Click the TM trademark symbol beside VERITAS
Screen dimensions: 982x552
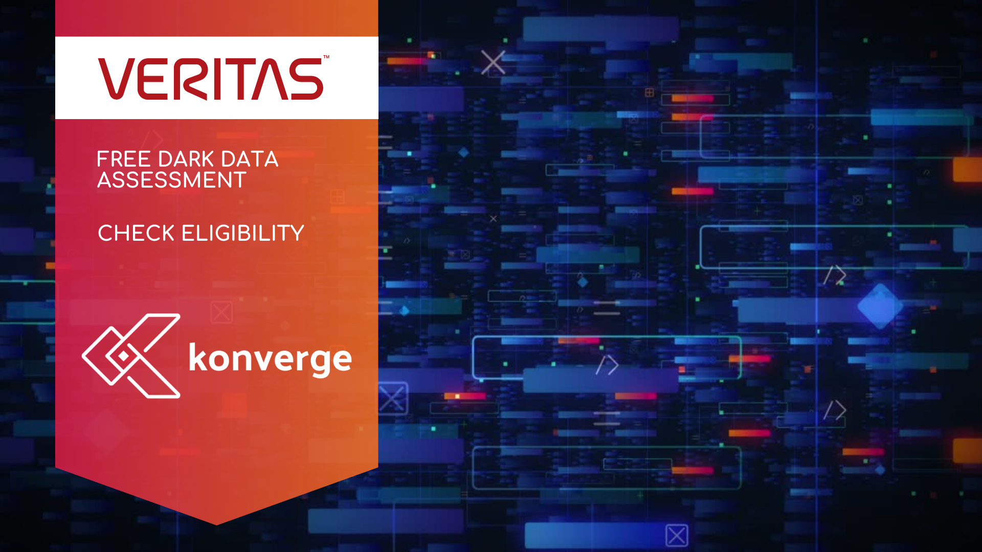326,57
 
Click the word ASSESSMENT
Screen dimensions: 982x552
172,180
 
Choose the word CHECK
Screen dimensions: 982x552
136,234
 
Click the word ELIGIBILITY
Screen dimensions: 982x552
243,234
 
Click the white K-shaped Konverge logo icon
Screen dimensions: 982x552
131,356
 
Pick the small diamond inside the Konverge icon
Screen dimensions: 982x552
123,356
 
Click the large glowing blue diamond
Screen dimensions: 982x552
880,307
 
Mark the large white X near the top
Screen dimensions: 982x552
493,62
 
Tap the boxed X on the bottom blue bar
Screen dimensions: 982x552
677,536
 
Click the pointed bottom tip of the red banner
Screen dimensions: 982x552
216,524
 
